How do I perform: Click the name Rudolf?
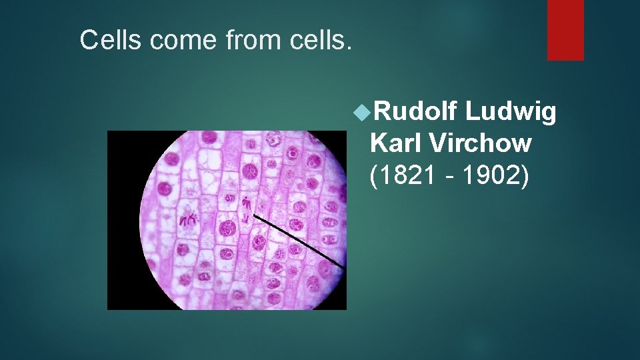click(413, 113)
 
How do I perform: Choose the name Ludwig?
click(510, 114)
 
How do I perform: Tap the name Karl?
click(396, 143)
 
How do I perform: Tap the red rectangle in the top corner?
click(565, 30)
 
